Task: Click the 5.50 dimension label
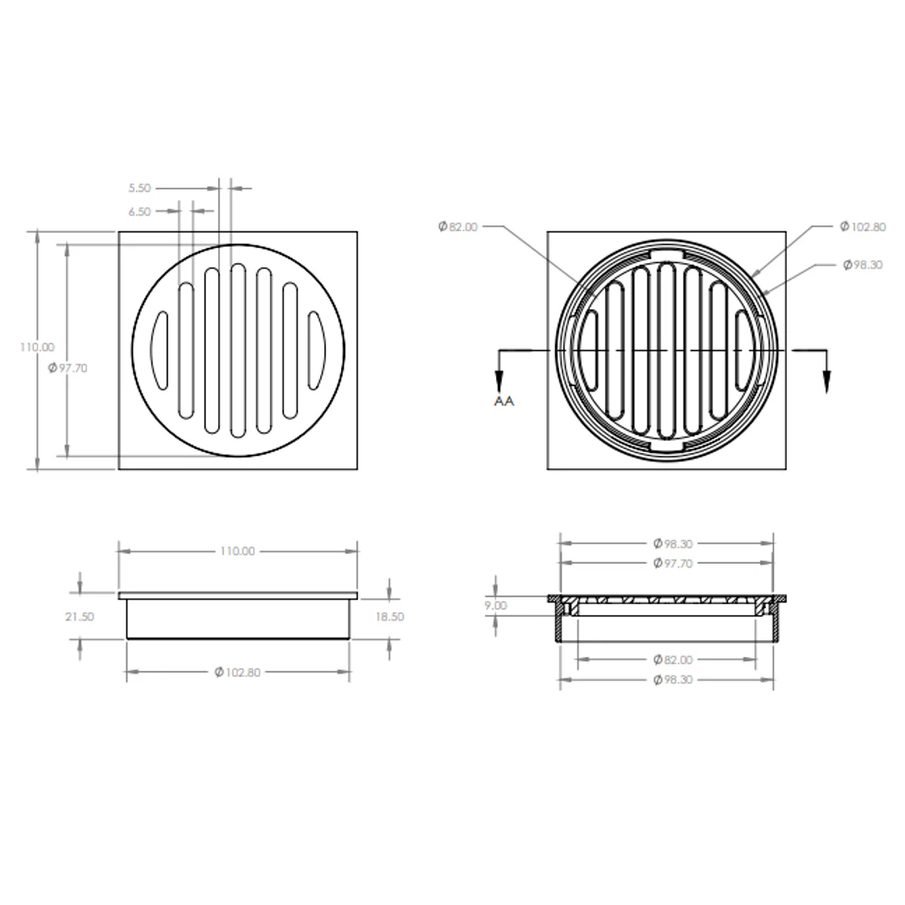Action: [x=139, y=189]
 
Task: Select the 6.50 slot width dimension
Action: [x=139, y=212]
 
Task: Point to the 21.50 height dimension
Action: [x=79, y=617]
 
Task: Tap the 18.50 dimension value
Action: [x=390, y=617]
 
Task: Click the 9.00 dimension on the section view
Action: [x=495, y=606]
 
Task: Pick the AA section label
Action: [x=504, y=401]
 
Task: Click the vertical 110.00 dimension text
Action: [x=37, y=347]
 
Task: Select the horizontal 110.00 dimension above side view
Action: [x=237, y=551]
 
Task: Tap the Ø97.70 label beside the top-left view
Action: [x=68, y=368]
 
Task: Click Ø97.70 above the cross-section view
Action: [x=672, y=563]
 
